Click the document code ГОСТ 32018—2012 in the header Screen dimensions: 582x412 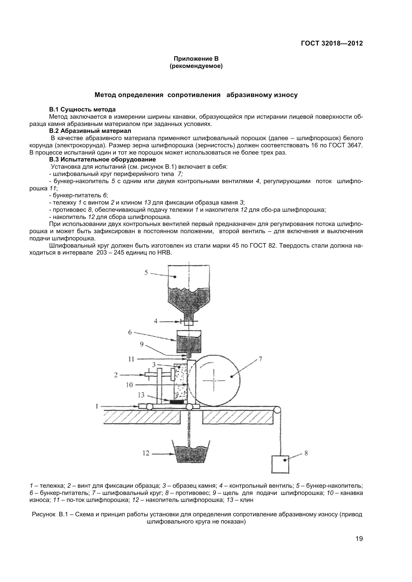(x=332, y=43)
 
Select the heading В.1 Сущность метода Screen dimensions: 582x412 (x=82, y=109)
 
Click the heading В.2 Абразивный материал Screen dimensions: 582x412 (x=90, y=131)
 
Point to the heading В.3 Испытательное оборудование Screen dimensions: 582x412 (x=102, y=159)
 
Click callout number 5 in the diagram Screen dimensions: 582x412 (x=146, y=273)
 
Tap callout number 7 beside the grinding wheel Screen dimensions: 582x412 (x=260, y=359)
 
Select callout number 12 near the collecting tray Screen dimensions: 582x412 (x=146, y=453)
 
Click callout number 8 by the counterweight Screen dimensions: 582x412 (x=306, y=453)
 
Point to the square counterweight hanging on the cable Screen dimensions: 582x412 (x=280, y=464)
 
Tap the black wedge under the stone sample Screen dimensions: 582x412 (x=178, y=402)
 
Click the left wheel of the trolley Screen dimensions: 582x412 (x=149, y=407)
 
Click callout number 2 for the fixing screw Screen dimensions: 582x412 (x=116, y=375)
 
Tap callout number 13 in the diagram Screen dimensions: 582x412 (x=141, y=395)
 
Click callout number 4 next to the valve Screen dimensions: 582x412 (x=156, y=321)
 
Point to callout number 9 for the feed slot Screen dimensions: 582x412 (x=142, y=344)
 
